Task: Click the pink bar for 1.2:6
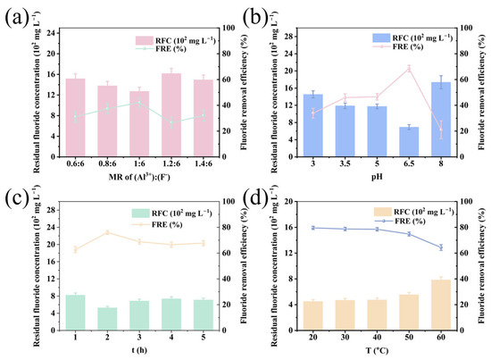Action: pos(171,114)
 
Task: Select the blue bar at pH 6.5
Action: pos(409,142)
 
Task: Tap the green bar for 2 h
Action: pos(107,319)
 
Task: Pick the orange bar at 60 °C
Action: pos(441,305)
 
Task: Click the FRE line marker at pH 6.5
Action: pos(409,69)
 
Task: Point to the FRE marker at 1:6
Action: pos(139,102)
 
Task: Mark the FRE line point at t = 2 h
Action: pos(107,232)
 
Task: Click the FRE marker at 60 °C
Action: pos(441,247)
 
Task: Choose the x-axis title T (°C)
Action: pos(377,350)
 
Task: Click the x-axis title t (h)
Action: pos(139,350)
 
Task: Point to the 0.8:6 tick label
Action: pos(107,163)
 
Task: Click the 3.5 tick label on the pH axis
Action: pos(345,163)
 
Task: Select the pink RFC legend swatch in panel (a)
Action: pos(144,40)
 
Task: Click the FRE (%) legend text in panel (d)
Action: pos(410,222)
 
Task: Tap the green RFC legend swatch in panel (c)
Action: pos(140,213)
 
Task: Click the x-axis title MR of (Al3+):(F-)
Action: pos(139,177)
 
